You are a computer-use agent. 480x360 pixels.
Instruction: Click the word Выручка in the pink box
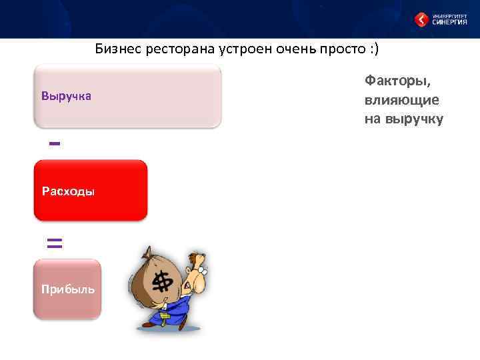coord(66,97)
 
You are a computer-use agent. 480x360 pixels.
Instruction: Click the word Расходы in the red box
coord(68,192)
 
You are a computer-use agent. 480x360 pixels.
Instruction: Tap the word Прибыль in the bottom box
coord(67,289)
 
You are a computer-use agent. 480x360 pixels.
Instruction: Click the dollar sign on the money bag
coord(162,283)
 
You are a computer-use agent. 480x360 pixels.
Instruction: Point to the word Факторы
coord(398,81)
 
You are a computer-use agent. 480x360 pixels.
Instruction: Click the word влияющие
coord(401,100)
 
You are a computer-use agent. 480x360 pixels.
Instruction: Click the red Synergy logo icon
coord(421,19)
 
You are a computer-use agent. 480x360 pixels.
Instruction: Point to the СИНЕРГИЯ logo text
coord(451,21)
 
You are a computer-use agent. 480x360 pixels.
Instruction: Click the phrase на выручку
coord(403,119)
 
